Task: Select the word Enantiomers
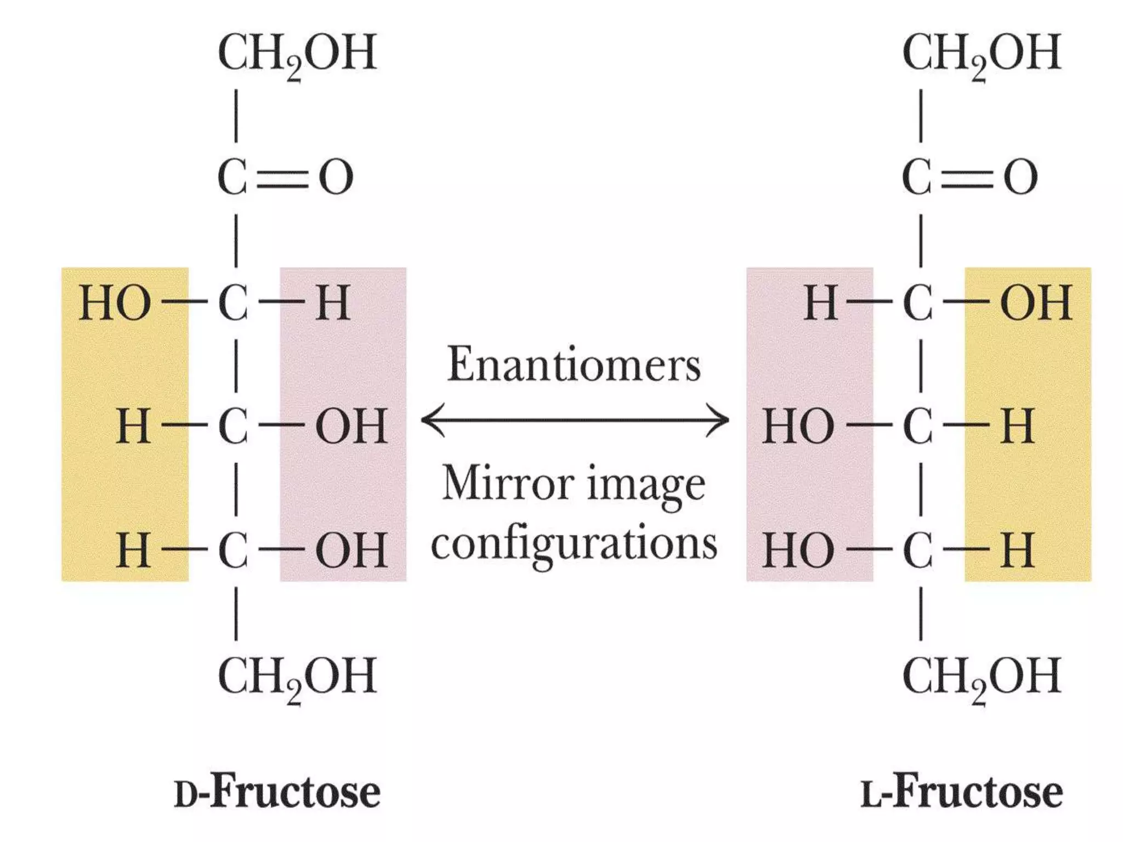click(574, 364)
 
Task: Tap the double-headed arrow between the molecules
click(575, 420)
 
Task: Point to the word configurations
click(574, 544)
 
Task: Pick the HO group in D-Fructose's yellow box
click(115, 303)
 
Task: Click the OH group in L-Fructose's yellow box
click(1035, 303)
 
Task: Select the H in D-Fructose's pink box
click(333, 303)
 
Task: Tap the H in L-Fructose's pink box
click(820, 303)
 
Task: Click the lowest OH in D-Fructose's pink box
click(351, 550)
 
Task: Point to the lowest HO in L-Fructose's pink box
click(798, 550)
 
